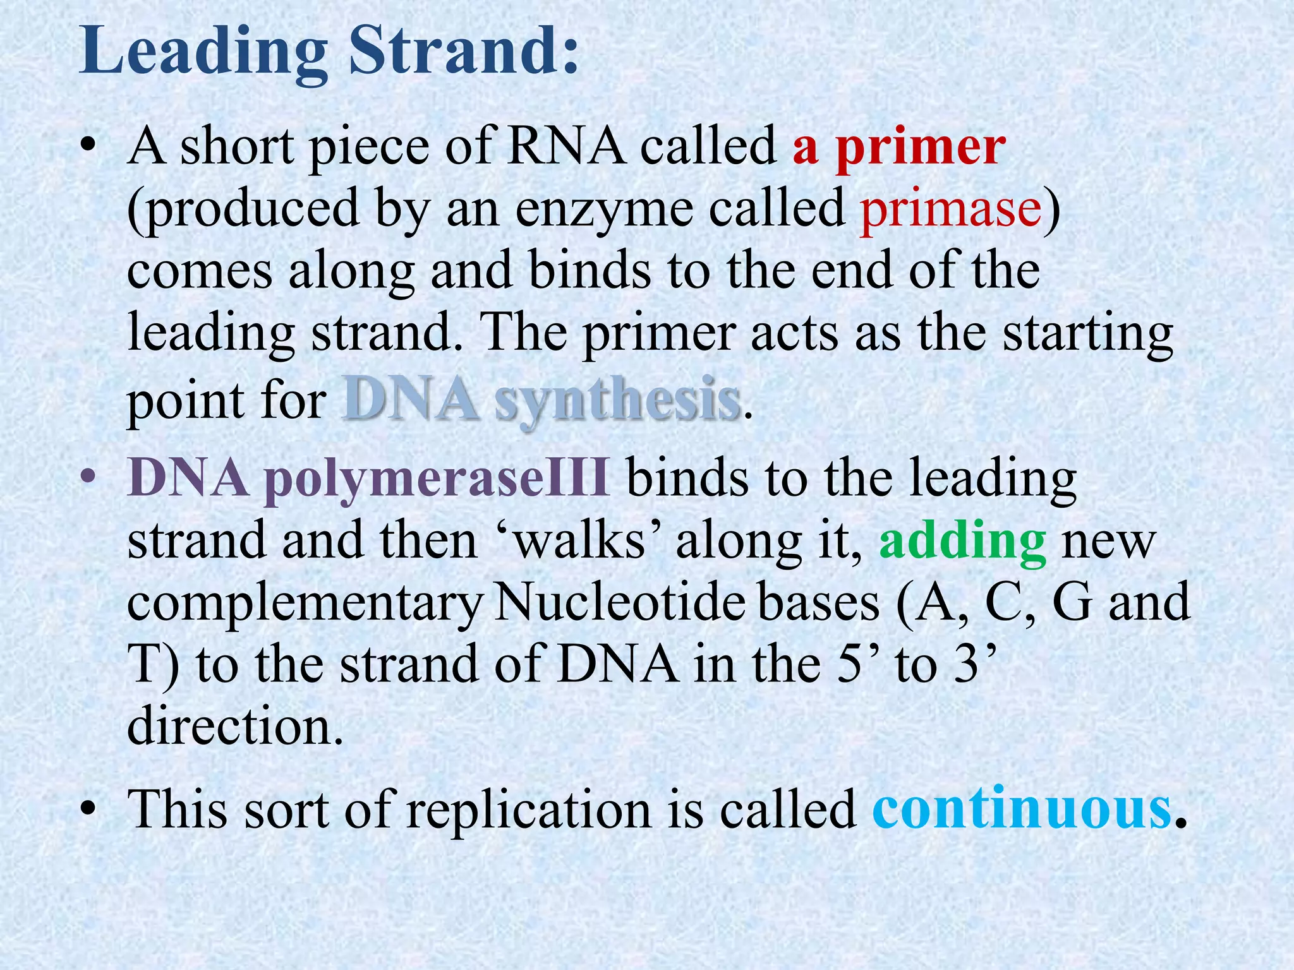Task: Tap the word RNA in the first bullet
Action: tap(565, 146)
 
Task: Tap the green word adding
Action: tap(962, 542)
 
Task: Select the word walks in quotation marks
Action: tap(581, 541)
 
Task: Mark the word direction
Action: tap(236, 726)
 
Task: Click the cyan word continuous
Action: tap(1022, 809)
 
